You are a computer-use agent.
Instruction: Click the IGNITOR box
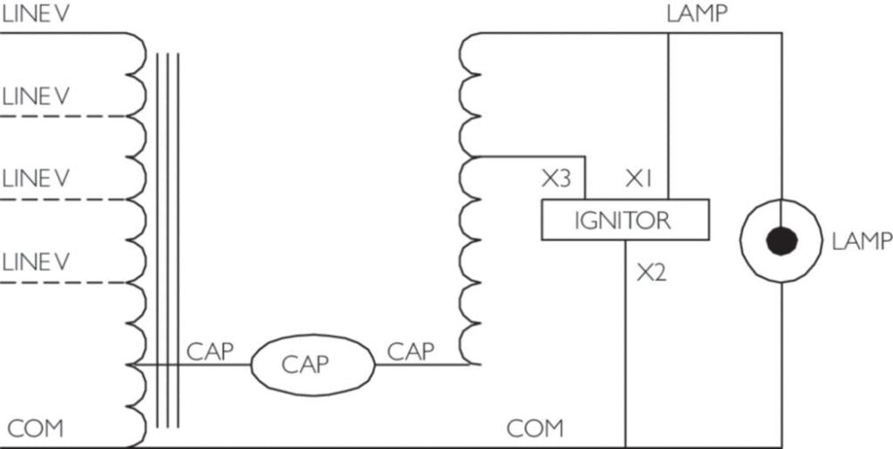tap(625, 220)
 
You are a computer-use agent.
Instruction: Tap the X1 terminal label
tap(639, 179)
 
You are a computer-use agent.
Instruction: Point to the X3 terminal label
tap(555, 179)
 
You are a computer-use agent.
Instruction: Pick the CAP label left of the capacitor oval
tap(210, 351)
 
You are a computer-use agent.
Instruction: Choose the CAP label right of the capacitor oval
tap(411, 351)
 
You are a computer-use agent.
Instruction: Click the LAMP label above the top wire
tap(697, 13)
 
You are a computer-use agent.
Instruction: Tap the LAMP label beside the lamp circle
tap(861, 241)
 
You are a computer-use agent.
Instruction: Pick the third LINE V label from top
tap(35, 179)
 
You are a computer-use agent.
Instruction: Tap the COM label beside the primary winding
tap(36, 428)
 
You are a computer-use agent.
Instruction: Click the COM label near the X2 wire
tap(536, 428)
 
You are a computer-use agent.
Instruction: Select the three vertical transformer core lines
tap(168, 241)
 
